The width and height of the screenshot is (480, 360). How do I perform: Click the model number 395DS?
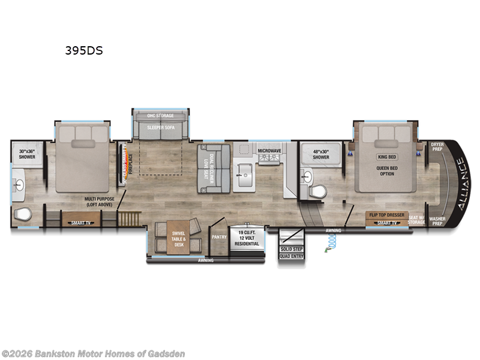tap(84, 51)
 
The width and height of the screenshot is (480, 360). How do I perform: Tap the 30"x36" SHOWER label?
tap(27, 154)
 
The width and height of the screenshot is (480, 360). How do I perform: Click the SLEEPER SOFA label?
tap(161, 127)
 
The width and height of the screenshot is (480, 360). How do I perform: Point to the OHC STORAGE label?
tap(161, 115)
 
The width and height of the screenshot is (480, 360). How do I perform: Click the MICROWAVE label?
tap(270, 151)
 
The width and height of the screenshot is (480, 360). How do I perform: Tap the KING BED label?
tap(386, 157)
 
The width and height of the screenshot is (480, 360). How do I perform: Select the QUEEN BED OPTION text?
tap(386, 170)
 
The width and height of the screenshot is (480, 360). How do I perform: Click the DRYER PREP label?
tap(437, 147)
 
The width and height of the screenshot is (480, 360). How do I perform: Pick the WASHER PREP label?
tap(437, 222)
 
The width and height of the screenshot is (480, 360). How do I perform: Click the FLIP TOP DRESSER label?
tap(386, 214)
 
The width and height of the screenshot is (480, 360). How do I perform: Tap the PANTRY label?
tap(218, 236)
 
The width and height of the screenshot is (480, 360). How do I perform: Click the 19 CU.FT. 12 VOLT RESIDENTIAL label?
tap(247, 238)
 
